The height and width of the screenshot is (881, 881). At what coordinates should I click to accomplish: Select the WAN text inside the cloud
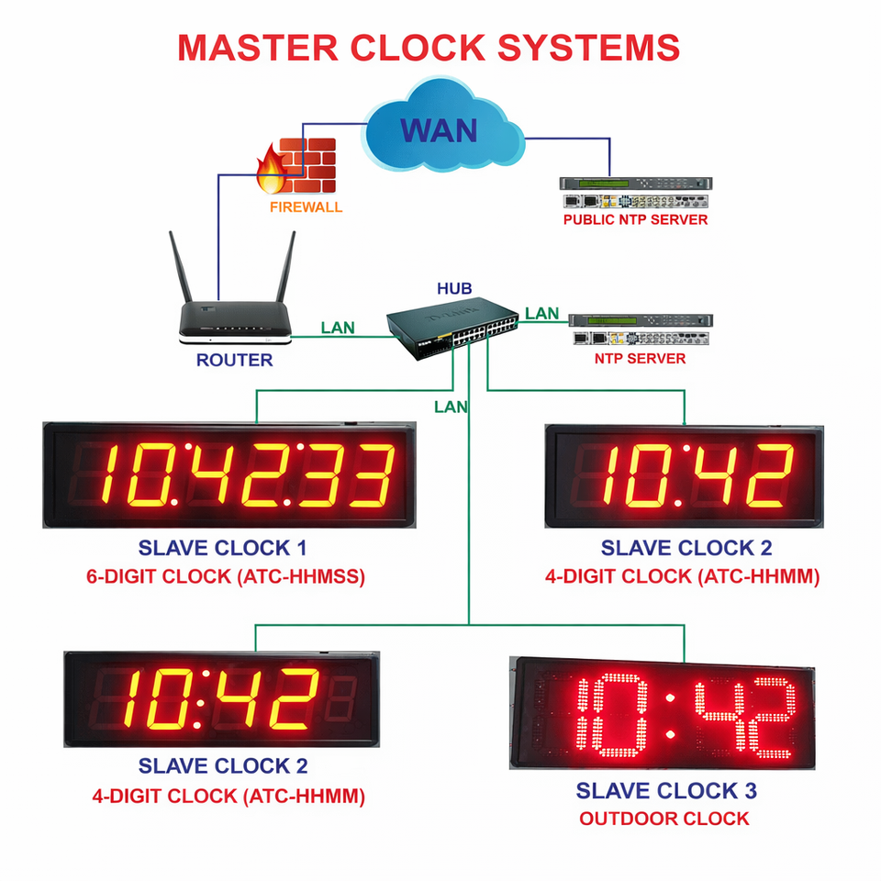(439, 129)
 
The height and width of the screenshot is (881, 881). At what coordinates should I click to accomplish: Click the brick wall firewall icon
(307, 164)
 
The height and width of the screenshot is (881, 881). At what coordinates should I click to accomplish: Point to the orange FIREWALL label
(306, 207)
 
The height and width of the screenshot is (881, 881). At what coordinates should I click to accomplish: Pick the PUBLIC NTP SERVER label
(635, 220)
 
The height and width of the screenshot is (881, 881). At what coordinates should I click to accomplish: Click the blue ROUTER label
(234, 361)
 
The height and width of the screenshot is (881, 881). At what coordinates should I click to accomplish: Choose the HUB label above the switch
(454, 289)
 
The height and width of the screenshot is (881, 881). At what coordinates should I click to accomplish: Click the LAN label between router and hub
(338, 328)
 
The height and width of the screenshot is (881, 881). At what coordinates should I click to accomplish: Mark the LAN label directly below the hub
(451, 406)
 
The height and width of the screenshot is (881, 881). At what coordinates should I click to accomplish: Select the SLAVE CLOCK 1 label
(222, 549)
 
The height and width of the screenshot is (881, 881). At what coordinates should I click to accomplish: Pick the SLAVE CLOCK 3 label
(666, 790)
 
